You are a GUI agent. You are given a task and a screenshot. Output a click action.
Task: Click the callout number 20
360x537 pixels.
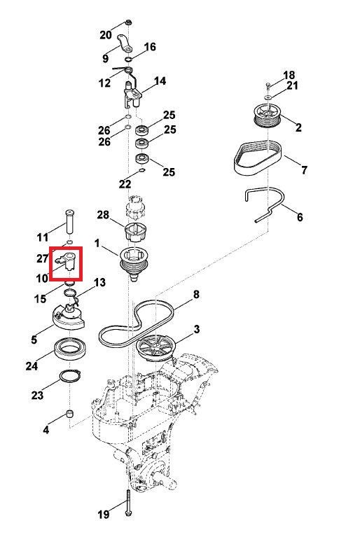click(106, 34)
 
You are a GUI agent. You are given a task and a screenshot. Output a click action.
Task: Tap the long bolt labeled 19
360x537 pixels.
click(128, 503)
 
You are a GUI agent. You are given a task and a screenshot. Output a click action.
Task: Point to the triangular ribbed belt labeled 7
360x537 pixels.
click(258, 158)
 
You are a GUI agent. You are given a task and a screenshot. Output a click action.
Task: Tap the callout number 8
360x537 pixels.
click(196, 294)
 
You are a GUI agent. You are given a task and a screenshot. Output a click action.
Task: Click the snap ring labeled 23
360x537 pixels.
click(69, 376)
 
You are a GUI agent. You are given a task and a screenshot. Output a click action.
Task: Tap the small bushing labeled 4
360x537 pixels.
click(70, 413)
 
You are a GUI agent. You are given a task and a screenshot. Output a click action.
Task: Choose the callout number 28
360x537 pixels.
click(103, 215)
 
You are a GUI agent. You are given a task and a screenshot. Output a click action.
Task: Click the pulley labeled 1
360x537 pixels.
click(134, 264)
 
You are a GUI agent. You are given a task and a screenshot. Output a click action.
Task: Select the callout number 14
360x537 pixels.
click(160, 81)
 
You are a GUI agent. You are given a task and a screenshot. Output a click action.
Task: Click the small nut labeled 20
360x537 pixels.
click(129, 23)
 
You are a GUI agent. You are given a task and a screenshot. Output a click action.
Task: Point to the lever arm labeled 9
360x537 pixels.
click(125, 43)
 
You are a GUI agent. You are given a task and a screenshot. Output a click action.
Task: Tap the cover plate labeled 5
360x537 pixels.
click(69, 319)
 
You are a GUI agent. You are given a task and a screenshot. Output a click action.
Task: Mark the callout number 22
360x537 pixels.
click(125, 184)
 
